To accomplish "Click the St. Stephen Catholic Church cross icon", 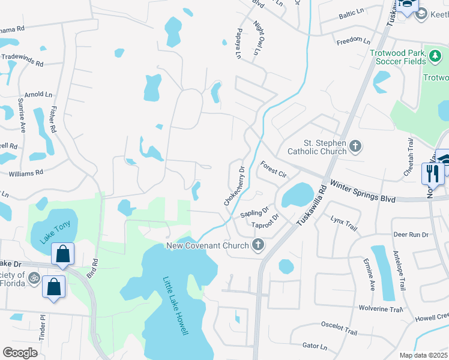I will (355, 145).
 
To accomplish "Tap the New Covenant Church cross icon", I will (258, 245).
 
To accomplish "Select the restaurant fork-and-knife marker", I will (431, 174).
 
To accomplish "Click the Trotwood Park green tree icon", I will (435, 56).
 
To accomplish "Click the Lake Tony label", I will (55, 232).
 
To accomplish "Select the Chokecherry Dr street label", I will (235, 187).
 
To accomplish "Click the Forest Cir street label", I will (273, 169).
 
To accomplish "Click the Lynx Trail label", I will (344, 224).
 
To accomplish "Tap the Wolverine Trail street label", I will (381, 310).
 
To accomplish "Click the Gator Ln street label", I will (315, 346).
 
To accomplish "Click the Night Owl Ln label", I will (256, 38).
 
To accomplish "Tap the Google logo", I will (20, 352).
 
